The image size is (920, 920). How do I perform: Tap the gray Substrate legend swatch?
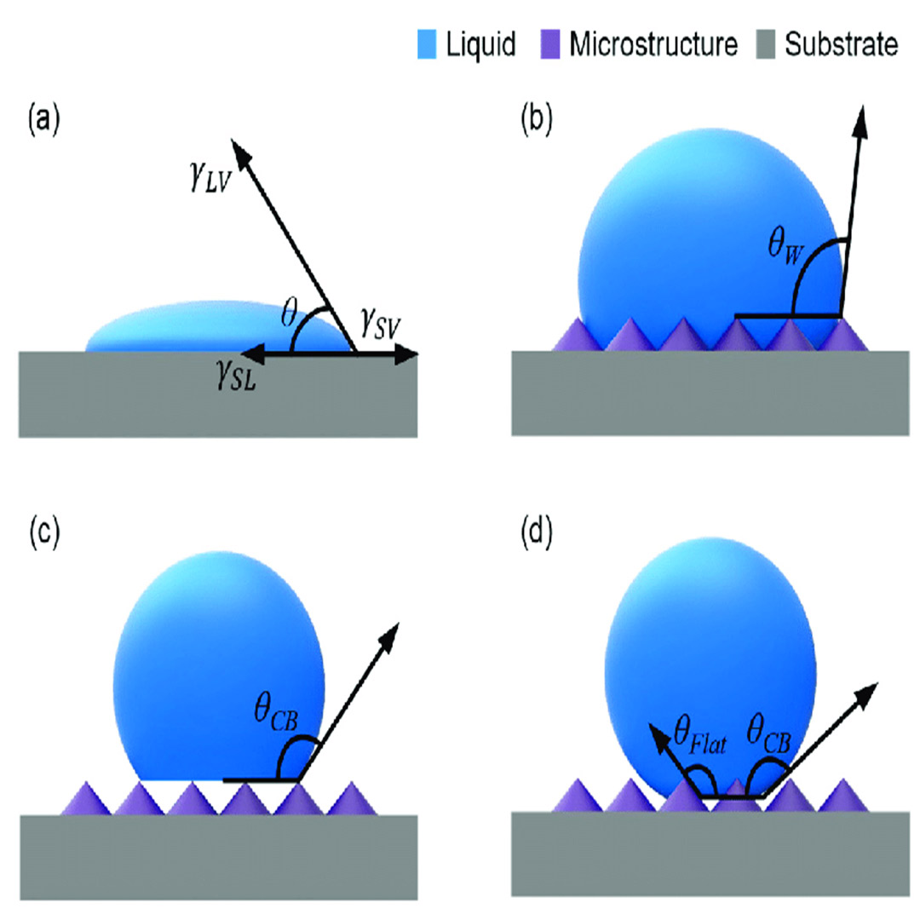point(768,44)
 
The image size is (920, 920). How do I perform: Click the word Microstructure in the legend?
point(653,44)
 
